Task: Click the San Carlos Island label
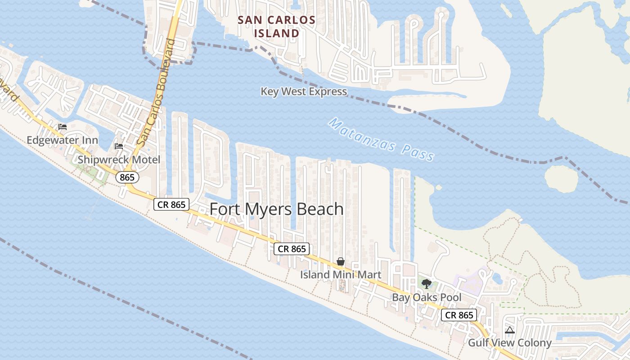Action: click(x=276, y=27)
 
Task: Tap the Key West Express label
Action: click(x=304, y=92)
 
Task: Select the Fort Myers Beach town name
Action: click(x=277, y=209)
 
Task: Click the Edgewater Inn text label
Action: click(x=62, y=140)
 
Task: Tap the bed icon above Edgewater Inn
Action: click(x=63, y=127)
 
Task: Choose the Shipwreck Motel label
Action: click(x=119, y=160)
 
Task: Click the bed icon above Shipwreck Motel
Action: click(x=119, y=146)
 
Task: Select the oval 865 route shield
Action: click(x=127, y=177)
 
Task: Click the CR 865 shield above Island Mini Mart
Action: click(x=292, y=248)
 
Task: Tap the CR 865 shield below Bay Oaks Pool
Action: click(x=459, y=315)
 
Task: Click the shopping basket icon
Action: click(x=341, y=261)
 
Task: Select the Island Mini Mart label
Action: click(x=341, y=274)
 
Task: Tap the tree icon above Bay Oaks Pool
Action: click(x=427, y=284)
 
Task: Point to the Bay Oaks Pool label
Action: click(x=427, y=297)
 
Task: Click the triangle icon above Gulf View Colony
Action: click(x=509, y=330)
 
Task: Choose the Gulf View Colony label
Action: click(x=510, y=343)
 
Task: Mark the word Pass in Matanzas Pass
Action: click(x=418, y=154)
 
